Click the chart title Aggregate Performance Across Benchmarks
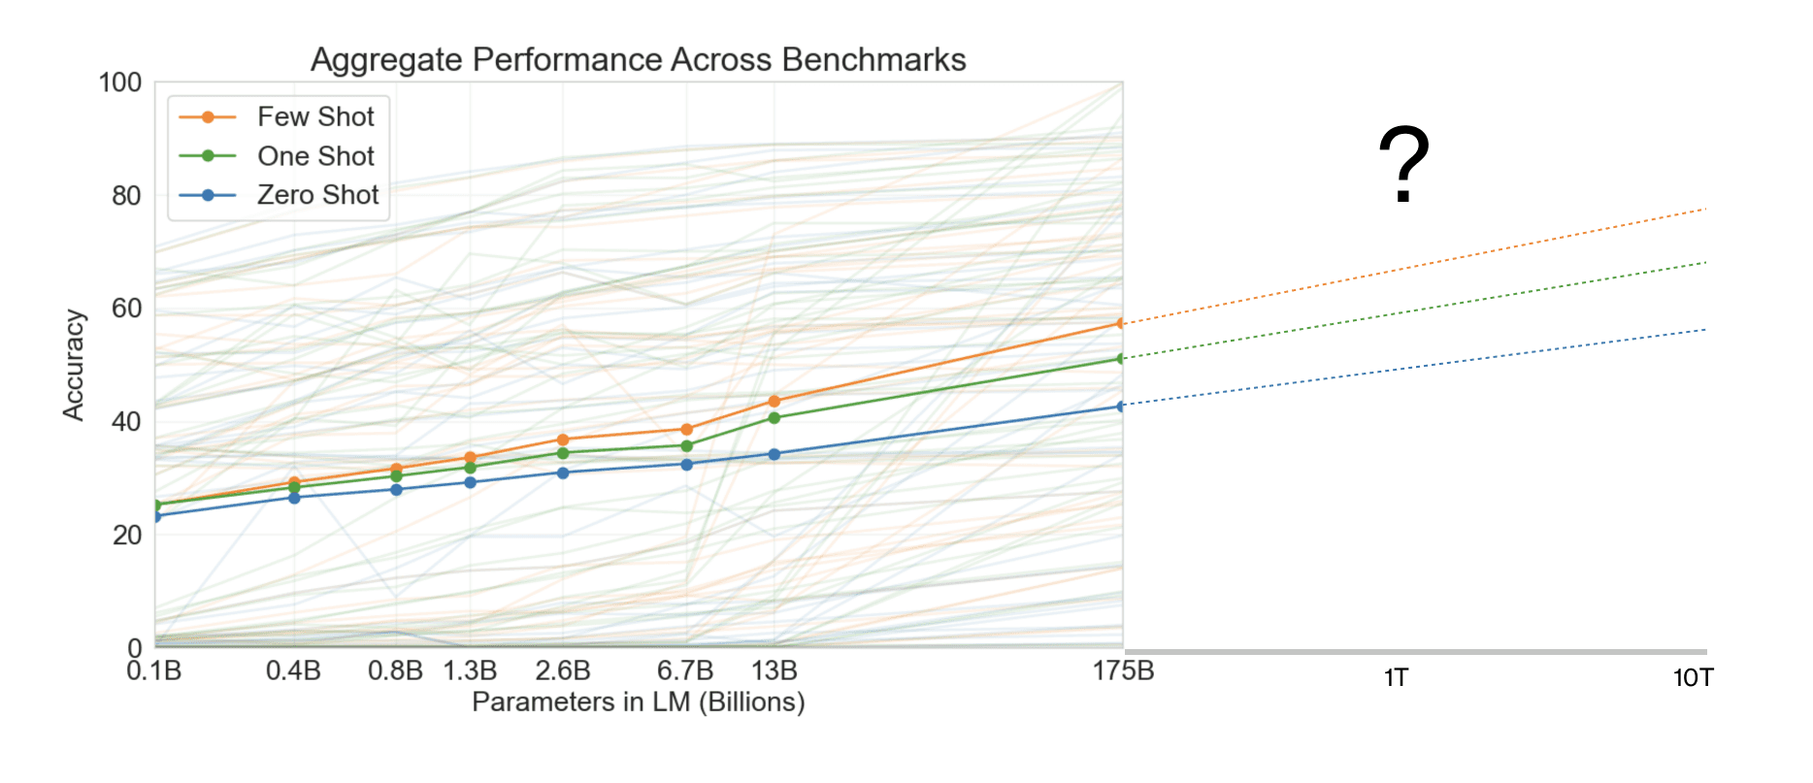click(x=638, y=60)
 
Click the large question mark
click(x=1403, y=165)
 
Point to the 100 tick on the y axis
click(x=120, y=82)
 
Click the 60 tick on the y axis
click(x=126, y=309)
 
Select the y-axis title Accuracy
click(x=74, y=365)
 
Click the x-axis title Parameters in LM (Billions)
click(x=638, y=701)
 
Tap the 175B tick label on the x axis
click(x=1123, y=670)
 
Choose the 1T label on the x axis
click(x=1396, y=677)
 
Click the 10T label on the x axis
click(x=1693, y=677)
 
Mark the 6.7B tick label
click(x=685, y=670)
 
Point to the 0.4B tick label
click(x=293, y=670)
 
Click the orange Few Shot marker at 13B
click(x=775, y=401)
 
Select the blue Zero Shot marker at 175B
click(x=1121, y=406)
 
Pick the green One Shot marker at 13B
click(x=775, y=418)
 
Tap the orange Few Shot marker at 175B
click(x=1121, y=323)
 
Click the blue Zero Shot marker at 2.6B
click(x=563, y=473)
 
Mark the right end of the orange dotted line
click(x=1704, y=209)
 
